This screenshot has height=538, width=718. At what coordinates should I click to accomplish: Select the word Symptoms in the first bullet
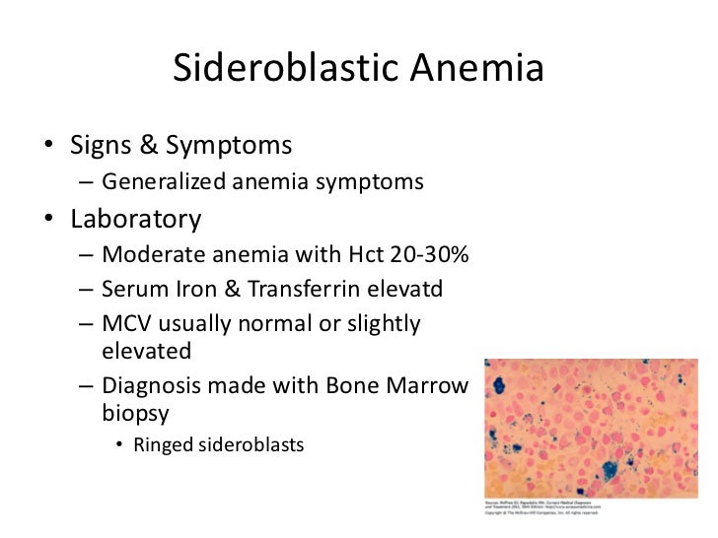click(x=229, y=146)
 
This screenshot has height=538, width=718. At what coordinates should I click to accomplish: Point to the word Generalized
click(x=163, y=182)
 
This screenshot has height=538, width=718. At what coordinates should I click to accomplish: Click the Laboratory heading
click(x=136, y=218)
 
